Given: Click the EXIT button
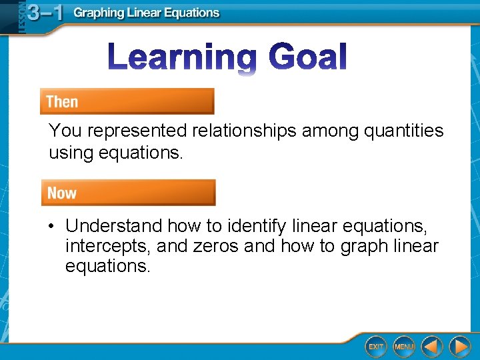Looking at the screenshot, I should click(377, 346).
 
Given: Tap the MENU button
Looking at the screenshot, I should click(404, 346).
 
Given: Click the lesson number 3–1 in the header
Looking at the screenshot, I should click(41, 13).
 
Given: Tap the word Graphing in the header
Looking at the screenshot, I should click(98, 13).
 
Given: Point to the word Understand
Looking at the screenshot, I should click(114, 227).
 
